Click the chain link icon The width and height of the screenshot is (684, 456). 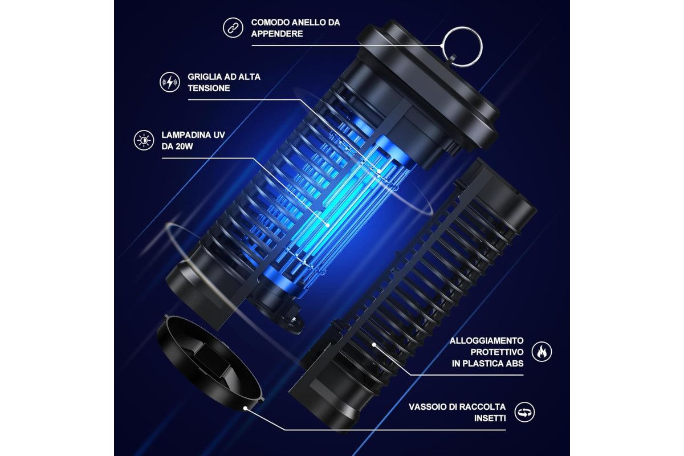pos(233,28)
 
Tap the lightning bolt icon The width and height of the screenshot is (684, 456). pos(170,82)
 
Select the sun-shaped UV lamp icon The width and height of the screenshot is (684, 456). pos(144,140)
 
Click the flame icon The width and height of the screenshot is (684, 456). pos(541,352)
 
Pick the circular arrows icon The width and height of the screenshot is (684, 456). pos(524,412)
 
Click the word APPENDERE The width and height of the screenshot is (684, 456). pos(277,34)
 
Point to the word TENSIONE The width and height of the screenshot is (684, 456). pos(209,88)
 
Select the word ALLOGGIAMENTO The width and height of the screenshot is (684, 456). pos(487,340)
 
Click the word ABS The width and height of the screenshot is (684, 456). pos(515,364)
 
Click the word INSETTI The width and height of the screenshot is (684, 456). pos(490,418)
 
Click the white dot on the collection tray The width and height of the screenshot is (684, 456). pos(245,408)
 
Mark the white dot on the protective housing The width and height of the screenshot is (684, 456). pos(374,345)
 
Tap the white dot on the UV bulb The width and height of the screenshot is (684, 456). pos(328,225)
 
